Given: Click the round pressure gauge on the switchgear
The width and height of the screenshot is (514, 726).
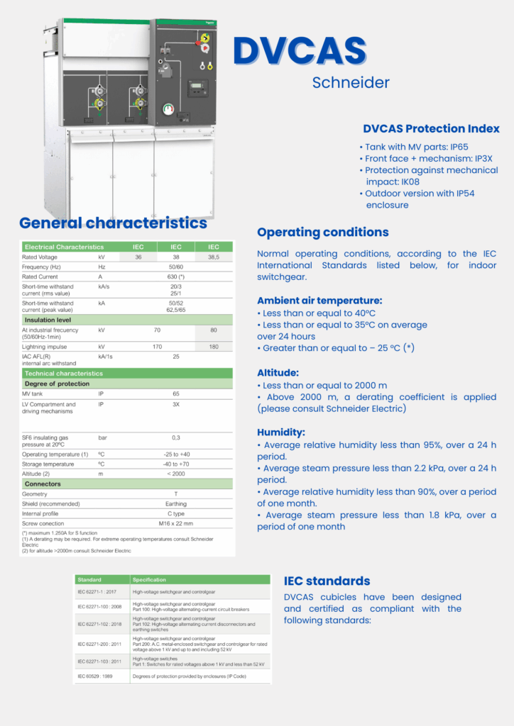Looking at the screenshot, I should [x=168, y=108].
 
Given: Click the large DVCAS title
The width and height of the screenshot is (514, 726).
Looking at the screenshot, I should [x=300, y=51].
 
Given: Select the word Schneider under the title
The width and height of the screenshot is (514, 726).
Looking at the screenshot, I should [x=351, y=83].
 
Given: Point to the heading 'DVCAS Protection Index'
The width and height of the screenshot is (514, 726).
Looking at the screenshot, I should [x=431, y=129].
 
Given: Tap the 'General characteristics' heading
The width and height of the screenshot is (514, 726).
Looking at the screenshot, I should [x=113, y=223].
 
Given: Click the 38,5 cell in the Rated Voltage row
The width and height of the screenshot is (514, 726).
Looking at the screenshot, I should [x=214, y=257].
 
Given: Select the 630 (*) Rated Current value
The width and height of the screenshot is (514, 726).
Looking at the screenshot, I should [x=176, y=277].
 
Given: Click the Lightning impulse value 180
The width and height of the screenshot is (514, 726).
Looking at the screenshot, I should [x=214, y=347].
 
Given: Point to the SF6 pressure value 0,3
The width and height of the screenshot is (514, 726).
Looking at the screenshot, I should [x=176, y=438].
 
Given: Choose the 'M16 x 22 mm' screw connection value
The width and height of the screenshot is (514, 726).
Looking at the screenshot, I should [x=176, y=523].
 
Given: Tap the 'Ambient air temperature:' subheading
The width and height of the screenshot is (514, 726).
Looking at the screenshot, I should [x=319, y=301].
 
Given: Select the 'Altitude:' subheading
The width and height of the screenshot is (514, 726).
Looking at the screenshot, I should [x=278, y=373].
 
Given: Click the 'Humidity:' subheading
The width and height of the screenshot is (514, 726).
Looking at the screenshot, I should [x=281, y=432].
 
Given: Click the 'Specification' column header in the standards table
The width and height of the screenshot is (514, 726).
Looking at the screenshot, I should [x=149, y=579].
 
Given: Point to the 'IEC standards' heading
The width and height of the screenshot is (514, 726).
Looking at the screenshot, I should [x=327, y=581].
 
